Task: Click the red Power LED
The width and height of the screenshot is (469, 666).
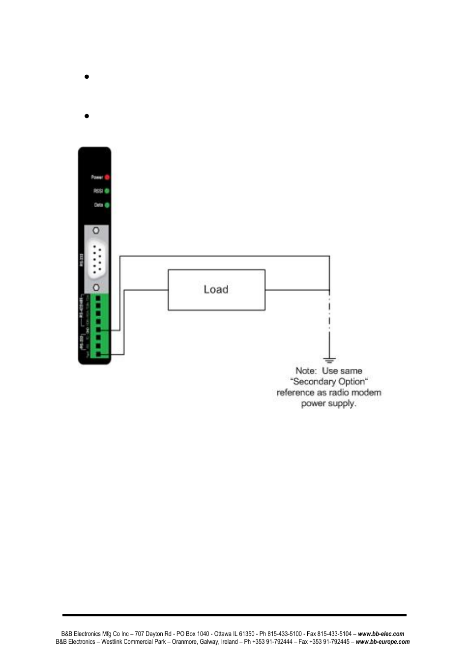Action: [107, 177]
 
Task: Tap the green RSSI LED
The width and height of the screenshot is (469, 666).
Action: [107, 191]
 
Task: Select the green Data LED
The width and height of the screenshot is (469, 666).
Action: [107, 205]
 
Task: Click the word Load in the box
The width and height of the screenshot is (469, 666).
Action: [216, 290]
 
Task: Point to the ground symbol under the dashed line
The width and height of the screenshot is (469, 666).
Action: [329, 361]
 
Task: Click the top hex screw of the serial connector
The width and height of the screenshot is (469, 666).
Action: [96, 230]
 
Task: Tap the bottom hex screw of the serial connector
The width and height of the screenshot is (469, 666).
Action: [96, 287]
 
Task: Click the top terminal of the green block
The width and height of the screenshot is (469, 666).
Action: [98, 299]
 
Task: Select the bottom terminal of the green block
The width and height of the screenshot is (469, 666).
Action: [98, 354]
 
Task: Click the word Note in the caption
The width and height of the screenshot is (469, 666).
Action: [305, 371]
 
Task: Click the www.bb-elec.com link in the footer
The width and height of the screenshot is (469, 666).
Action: [381, 634]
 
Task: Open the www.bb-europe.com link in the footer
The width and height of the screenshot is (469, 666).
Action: [382, 642]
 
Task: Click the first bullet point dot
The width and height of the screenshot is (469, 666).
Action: [87, 77]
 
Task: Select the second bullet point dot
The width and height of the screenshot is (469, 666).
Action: [87, 116]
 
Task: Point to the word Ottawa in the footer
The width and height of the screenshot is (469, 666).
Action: [223, 634]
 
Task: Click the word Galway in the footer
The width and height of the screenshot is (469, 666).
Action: [209, 642]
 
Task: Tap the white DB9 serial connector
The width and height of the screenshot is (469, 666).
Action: [96, 259]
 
